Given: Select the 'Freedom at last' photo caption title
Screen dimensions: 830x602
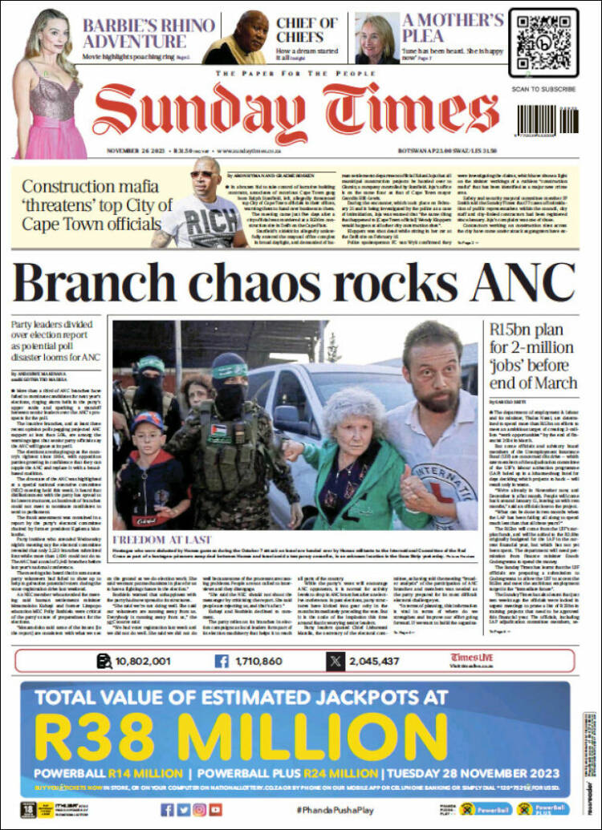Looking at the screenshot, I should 163,540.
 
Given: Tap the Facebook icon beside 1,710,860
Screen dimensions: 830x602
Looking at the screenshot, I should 221,661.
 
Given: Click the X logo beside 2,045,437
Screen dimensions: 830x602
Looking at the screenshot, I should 336,661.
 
